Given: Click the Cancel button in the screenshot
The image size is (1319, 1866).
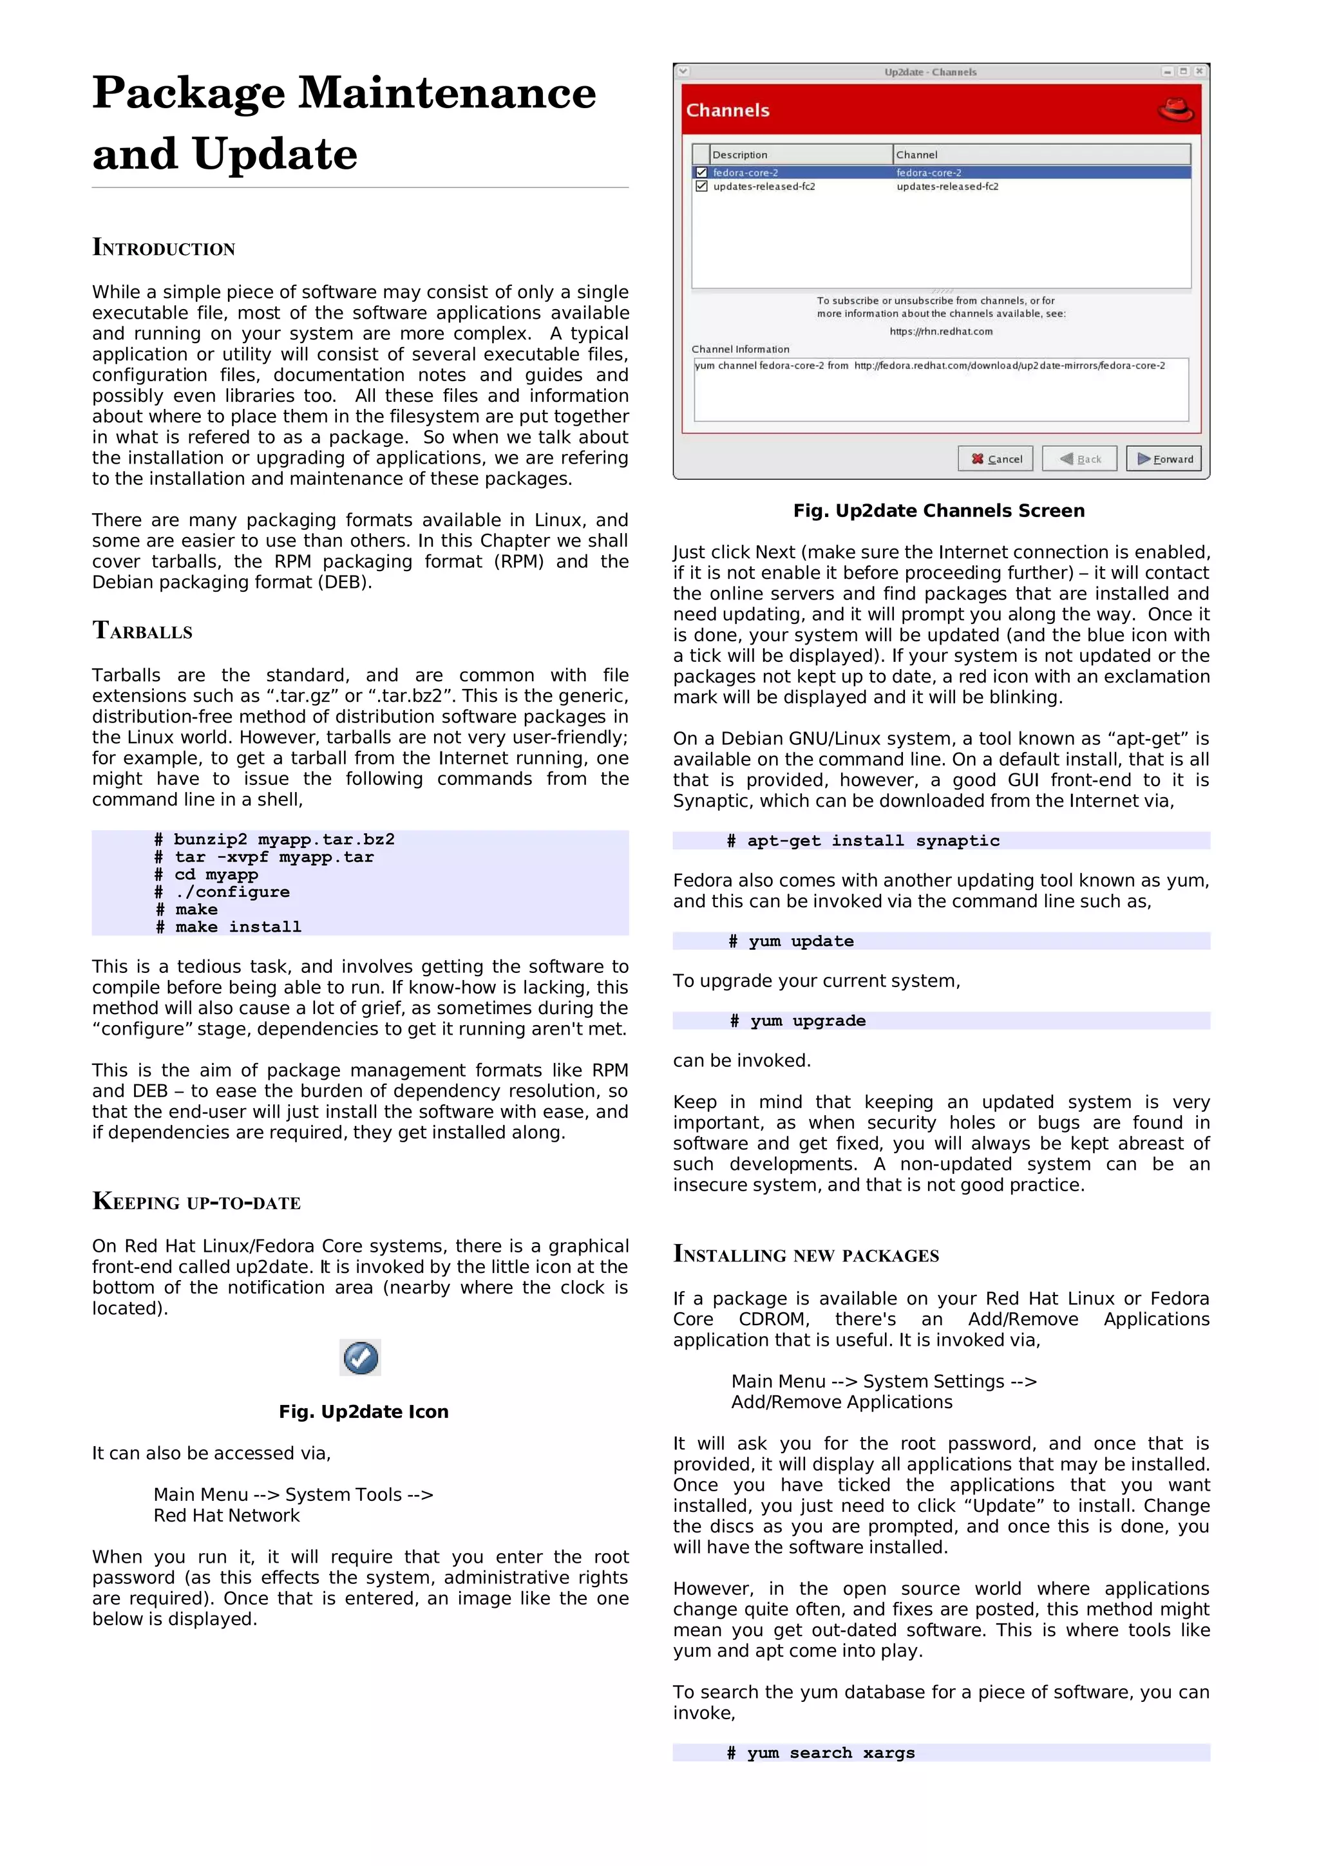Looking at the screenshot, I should [996, 458].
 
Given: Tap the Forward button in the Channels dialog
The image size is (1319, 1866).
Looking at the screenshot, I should [1164, 458].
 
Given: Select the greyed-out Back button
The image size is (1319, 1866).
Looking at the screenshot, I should [1079, 458].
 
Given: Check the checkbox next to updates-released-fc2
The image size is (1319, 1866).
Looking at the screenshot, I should [701, 186].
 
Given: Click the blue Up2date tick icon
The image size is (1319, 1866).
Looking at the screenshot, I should [360, 1357].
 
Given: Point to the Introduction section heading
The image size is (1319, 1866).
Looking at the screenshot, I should [164, 247].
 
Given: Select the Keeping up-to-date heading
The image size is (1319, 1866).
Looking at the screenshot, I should [196, 1202].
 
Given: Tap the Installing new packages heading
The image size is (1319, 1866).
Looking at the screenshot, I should [806, 1254].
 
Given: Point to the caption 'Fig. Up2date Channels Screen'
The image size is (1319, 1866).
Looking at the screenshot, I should [938, 511].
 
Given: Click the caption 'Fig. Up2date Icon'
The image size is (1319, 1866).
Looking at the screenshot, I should [363, 1411].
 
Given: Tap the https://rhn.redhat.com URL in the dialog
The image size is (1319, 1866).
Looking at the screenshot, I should [940, 331].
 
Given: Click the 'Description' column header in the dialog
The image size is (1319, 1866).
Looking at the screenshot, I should [739, 155].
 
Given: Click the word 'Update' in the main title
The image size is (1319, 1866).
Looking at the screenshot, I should [275, 154].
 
